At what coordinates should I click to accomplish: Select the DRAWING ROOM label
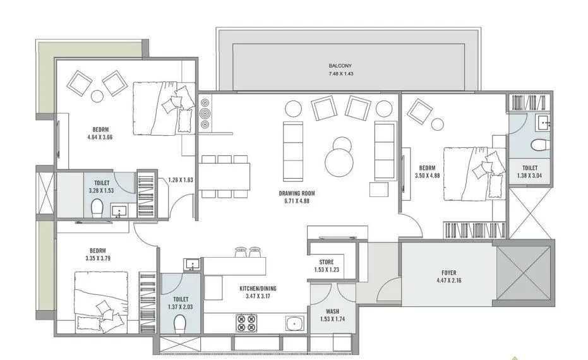(297, 193)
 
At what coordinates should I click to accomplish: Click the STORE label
(327, 261)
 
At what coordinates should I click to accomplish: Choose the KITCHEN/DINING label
(258, 289)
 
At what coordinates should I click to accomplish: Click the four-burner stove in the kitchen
(246, 323)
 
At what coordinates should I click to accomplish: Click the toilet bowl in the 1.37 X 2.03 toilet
(180, 324)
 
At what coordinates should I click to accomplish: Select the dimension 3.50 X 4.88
(428, 177)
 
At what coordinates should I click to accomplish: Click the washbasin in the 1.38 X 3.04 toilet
(543, 123)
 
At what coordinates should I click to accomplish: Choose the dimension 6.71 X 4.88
(297, 201)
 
